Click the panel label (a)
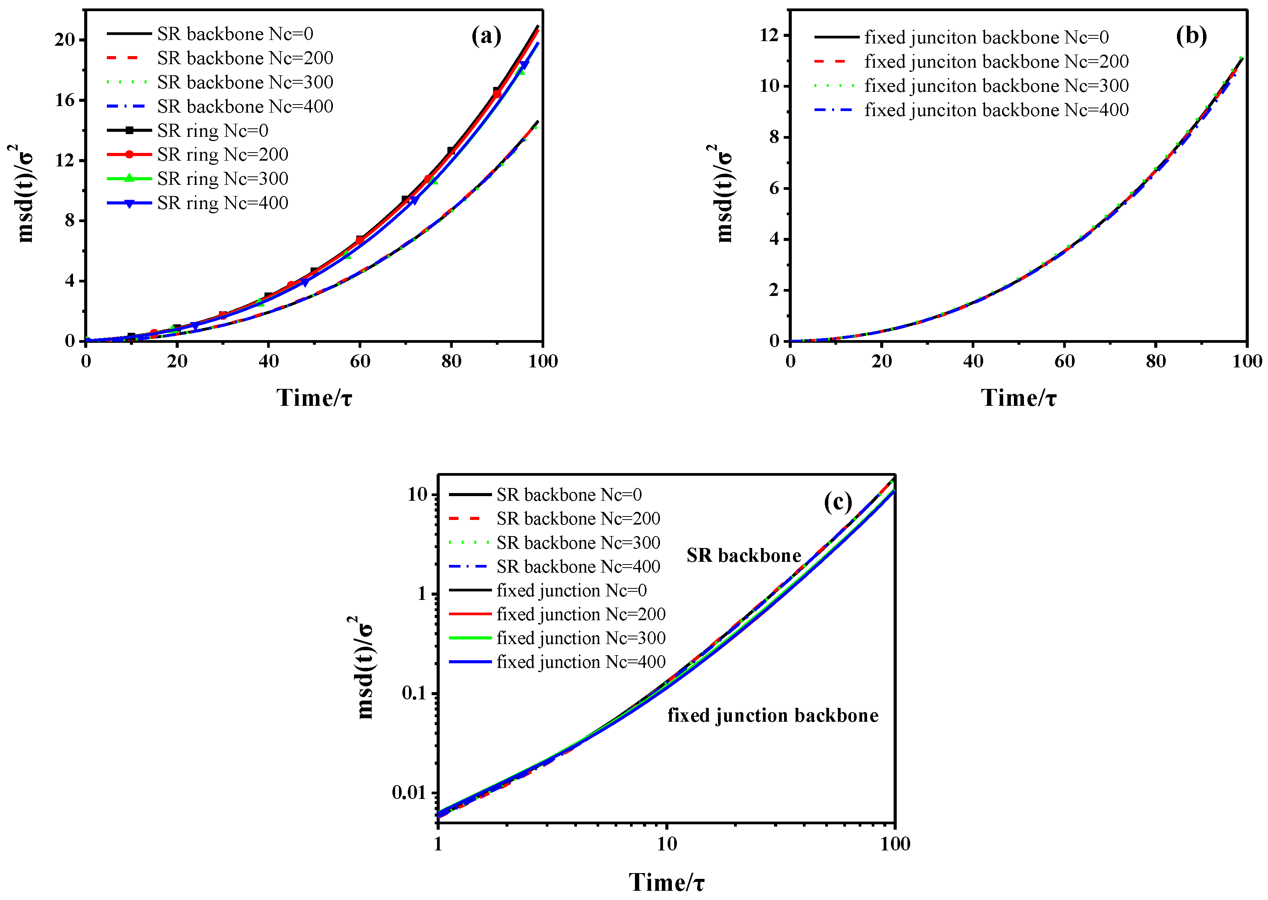pyautogui.click(x=486, y=37)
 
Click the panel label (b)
pyautogui.click(x=1191, y=37)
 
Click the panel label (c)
pyautogui.click(x=838, y=503)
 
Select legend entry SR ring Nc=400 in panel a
pyautogui.click(x=222, y=203)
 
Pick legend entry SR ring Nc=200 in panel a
pyautogui.click(x=222, y=154)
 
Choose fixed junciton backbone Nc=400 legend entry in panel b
pyautogui.click(x=996, y=110)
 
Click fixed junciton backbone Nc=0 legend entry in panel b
pyautogui.click(x=986, y=38)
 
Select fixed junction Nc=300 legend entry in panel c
pyautogui.click(x=580, y=638)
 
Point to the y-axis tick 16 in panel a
pyautogui.click(x=65, y=100)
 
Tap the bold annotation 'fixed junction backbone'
pyautogui.click(x=773, y=716)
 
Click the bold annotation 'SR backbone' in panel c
pyautogui.click(x=744, y=556)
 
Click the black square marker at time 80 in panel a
pyautogui.click(x=451, y=151)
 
